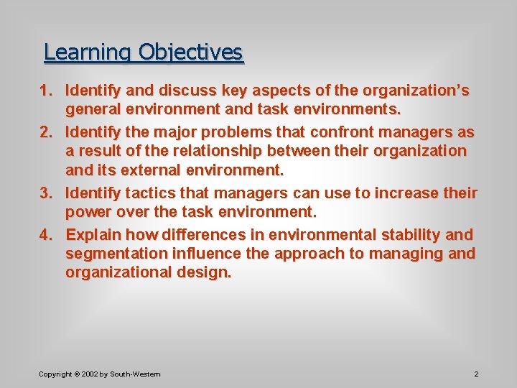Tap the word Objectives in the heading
pyautogui.click(x=191, y=53)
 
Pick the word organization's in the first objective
pyautogui.click(x=416, y=91)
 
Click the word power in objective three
pyautogui.click(x=88, y=213)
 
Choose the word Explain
pyautogui.click(x=94, y=235)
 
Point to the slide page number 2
pyautogui.click(x=476, y=374)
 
